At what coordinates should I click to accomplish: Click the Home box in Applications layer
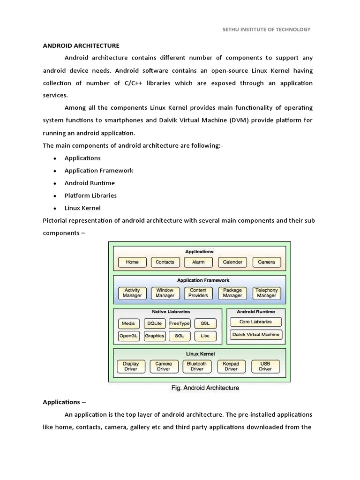coord(132,262)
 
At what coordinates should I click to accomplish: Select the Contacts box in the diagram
coord(165,262)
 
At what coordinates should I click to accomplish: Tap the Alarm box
coord(198,262)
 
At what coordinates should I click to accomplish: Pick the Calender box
coord(232,262)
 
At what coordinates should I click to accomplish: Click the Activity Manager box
coord(132,293)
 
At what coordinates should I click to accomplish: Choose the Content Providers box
coord(198,293)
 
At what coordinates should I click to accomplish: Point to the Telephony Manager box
coord(266,293)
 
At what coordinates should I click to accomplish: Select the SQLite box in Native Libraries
coord(154,323)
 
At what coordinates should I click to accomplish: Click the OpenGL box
coord(128,336)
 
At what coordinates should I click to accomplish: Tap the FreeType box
coord(180,323)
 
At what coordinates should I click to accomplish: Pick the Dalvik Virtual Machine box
coord(256,335)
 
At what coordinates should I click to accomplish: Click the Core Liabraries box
coord(255,322)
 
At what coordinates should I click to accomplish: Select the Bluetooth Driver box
coord(197,366)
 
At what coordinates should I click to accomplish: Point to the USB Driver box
coord(265,366)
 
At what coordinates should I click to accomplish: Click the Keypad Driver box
coord(231,366)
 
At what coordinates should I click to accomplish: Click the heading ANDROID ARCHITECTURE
coord(81,45)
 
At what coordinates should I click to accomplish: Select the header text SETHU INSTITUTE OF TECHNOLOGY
coord(266,29)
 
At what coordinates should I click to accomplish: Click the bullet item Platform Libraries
coord(90,195)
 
